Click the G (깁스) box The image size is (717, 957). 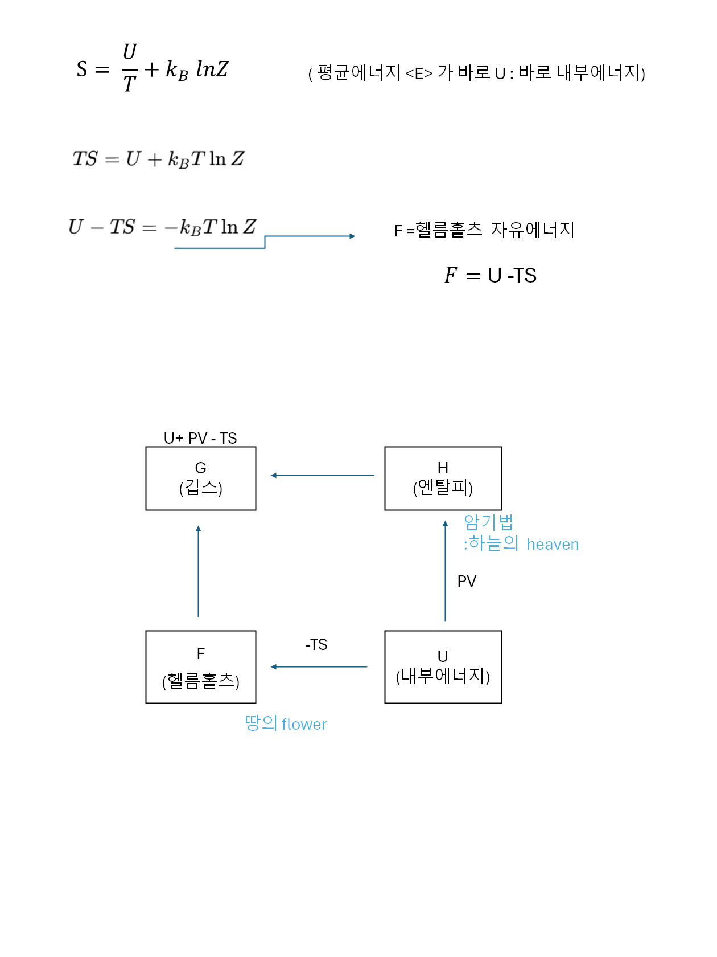pyautogui.click(x=200, y=478)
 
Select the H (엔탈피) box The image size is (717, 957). pyautogui.click(x=443, y=478)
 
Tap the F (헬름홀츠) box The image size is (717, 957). pyautogui.click(x=200, y=666)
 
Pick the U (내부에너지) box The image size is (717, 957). pyautogui.click(x=443, y=666)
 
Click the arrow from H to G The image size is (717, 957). pyautogui.click(x=322, y=475)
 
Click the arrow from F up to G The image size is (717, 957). pyautogui.click(x=198, y=571)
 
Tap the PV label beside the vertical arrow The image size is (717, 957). pyautogui.click(x=467, y=581)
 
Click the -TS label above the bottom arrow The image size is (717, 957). pyautogui.click(x=316, y=644)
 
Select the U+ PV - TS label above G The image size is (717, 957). pyautogui.click(x=200, y=438)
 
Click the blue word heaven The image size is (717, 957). pyautogui.click(x=553, y=545)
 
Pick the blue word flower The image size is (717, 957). pyautogui.click(x=304, y=725)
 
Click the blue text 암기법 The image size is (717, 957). pyautogui.click(x=488, y=522)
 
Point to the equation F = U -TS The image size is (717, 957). pyautogui.click(x=491, y=276)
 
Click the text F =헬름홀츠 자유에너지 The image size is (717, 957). pyautogui.click(x=484, y=230)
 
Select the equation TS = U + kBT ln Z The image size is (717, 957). pyautogui.click(x=158, y=158)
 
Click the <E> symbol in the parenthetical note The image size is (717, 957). pyautogui.click(x=419, y=73)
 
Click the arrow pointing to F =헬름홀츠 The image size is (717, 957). pyautogui.click(x=310, y=236)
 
